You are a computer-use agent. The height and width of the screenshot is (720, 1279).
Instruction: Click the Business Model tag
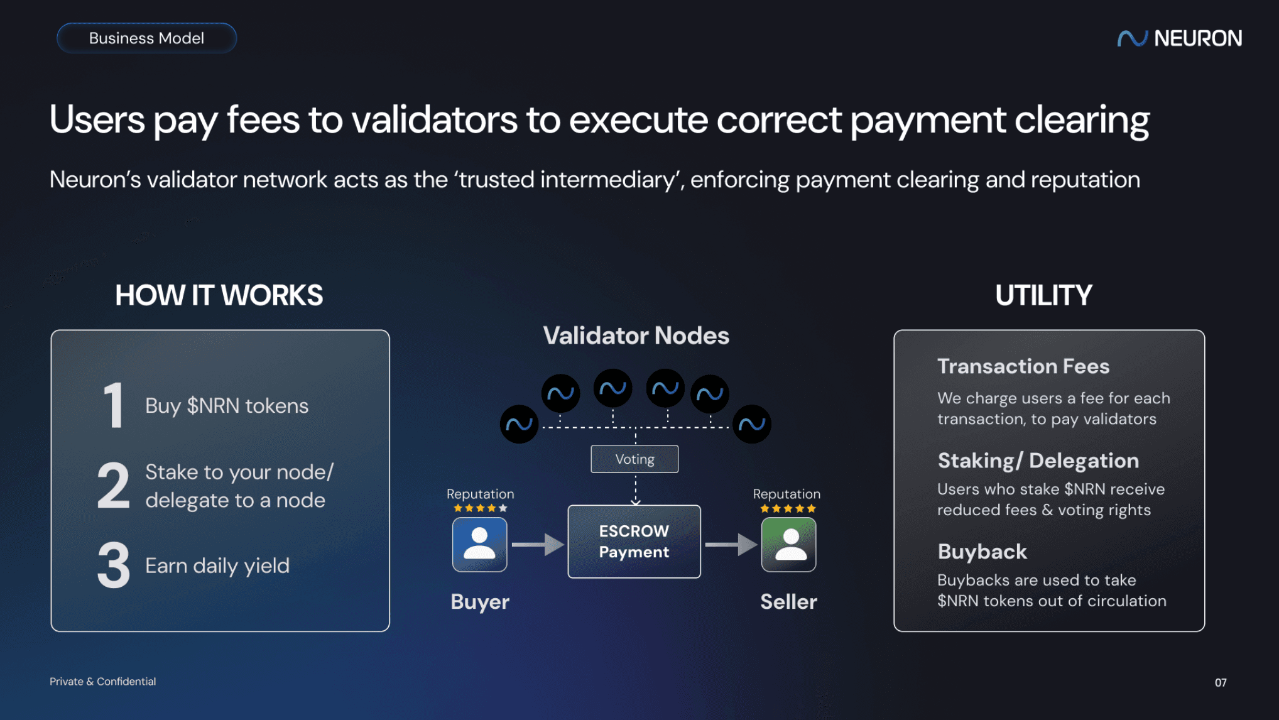coord(146,38)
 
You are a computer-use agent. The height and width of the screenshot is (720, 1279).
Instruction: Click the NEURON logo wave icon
coord(1131,39)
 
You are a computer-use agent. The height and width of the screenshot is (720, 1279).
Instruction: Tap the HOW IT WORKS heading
coord(219,295)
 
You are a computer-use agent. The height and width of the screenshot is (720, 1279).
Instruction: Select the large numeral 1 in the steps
coord(113,406)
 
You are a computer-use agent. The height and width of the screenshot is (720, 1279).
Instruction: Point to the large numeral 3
coord(114,565)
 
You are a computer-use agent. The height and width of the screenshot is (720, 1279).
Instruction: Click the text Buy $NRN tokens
coord(227,406)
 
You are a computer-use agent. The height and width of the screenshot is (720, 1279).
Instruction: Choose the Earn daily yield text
coord(217,566)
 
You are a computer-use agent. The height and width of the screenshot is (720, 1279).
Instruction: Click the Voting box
coord(634,459)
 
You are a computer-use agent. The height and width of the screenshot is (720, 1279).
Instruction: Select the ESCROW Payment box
coord(634,542)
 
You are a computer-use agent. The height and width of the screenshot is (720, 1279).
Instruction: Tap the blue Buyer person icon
coord(479,544)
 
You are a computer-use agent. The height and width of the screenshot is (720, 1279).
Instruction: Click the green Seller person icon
coord(788,544)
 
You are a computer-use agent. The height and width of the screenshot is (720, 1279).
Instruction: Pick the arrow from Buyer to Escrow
coord(538,544)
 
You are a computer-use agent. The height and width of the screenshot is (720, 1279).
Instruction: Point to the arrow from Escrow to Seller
coord(731,544)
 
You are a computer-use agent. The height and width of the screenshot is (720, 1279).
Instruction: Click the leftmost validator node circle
coord(519,425)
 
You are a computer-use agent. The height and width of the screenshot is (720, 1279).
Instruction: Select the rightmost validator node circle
coord(751,425)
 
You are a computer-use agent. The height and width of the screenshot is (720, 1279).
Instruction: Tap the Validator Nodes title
coord(636,336)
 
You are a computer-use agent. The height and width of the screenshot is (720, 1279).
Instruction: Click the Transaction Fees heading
coord(1023,366)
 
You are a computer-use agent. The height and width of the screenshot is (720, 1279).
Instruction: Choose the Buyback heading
coord(982,552)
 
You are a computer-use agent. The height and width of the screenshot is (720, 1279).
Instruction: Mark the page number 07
coord(1220,682)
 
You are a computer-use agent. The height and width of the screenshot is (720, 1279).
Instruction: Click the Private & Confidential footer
coord(102,682)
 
